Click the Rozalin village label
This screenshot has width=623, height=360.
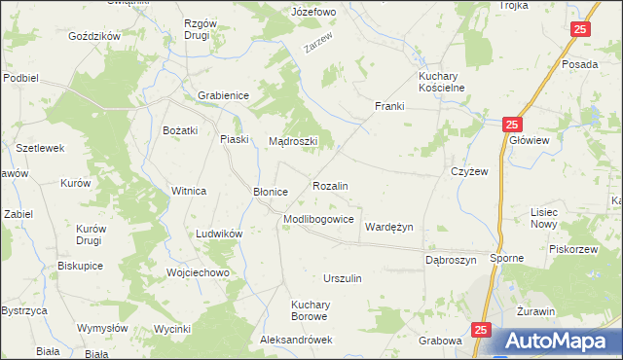point(330,185)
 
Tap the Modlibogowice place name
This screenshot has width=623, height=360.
point(318,220)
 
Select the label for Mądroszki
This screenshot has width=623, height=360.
point(294,141)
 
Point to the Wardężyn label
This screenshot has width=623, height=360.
point(389,227)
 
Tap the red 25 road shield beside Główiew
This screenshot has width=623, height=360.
point(513,125)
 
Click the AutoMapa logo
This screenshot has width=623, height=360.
point(558,342)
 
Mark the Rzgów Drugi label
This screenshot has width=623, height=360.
point(202,29)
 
